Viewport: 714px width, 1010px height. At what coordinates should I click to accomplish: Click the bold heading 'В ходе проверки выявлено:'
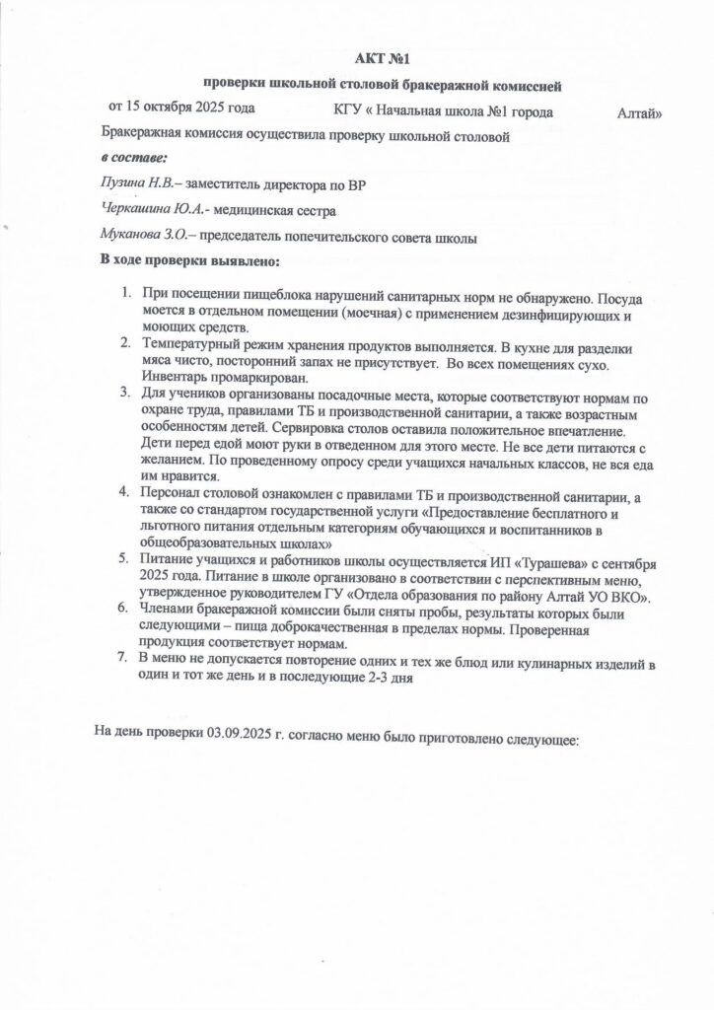coord(190,261)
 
